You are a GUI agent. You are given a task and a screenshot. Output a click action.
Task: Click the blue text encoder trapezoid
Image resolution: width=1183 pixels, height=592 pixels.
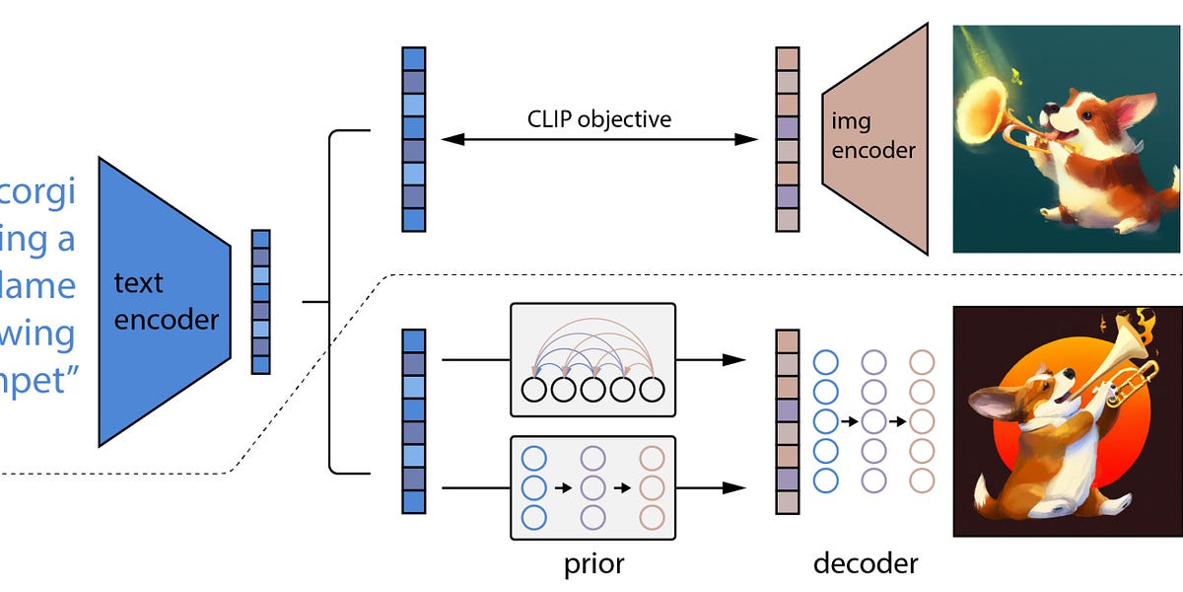pos(163,301)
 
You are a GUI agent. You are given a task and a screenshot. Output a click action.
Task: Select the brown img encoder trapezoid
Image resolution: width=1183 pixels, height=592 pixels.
pos(875,138)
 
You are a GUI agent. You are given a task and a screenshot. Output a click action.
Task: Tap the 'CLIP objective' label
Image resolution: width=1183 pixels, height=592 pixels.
pos(598,119)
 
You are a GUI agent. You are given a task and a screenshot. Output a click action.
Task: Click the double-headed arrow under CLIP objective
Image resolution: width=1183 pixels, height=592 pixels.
pos(598,140)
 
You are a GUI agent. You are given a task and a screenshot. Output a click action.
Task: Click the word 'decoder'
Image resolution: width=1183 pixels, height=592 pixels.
pos(866,563)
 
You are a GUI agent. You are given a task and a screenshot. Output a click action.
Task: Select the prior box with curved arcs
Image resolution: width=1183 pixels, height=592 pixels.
pos(591,360)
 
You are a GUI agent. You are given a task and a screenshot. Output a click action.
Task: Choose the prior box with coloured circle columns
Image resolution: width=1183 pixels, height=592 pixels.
pos(591,487)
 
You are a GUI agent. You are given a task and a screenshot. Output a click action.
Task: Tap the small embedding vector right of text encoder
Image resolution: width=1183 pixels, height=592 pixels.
pos(260,301)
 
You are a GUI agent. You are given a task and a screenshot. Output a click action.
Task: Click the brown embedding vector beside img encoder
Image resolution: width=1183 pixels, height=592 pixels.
pos(788,138)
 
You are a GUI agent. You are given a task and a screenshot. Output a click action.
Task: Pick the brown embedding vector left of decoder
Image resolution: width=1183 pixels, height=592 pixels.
pos(788,421)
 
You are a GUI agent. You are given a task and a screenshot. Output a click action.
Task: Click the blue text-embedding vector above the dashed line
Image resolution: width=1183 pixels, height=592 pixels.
pos(414,138)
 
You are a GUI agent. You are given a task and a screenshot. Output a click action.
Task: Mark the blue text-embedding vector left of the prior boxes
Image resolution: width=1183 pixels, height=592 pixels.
pos(414,421)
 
